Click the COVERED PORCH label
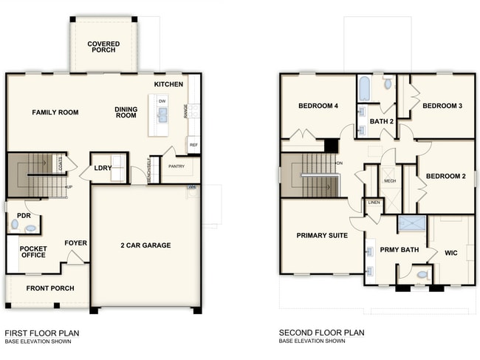point(103,48)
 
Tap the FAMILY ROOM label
point(55,112)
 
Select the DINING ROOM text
point(126,112)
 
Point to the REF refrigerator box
point(193,145)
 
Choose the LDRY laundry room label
point(103,169)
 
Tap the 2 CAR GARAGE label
point(145,245)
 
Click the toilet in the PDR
point(15,224)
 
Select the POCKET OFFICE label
point(33,252)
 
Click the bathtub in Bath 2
point(364,90)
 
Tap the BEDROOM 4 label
point(318,106)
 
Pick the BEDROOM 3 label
point(442,106)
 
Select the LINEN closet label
point(374,203)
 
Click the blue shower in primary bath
point(411,224)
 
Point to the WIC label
point(450,253)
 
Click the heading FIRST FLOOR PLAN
point(42,333)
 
